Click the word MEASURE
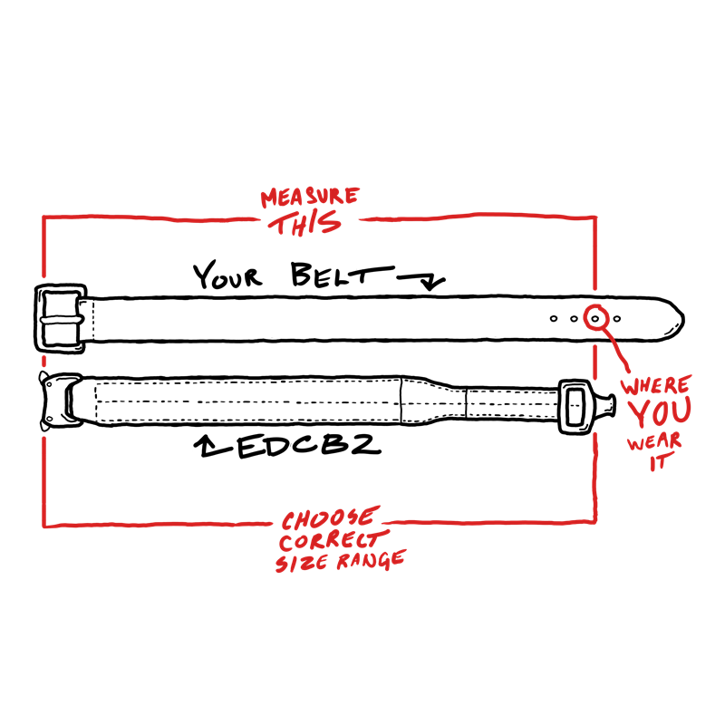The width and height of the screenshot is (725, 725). (310, 197)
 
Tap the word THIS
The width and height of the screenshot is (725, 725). (308, 223)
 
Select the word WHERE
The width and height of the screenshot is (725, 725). (655, 385)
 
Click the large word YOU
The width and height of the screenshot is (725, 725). (660, 413)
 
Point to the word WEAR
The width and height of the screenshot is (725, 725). (654, 444)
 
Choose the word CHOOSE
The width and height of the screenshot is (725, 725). (327, 519)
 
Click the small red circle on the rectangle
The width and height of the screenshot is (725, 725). (595, 317)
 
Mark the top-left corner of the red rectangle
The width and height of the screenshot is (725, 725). (43, 217)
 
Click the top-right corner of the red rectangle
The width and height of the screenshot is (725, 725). (595, 217)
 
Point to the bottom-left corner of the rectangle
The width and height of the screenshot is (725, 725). (43, 525)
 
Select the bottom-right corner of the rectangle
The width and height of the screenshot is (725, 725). (595, 520)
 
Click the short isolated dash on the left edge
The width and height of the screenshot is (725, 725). (43, 361)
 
